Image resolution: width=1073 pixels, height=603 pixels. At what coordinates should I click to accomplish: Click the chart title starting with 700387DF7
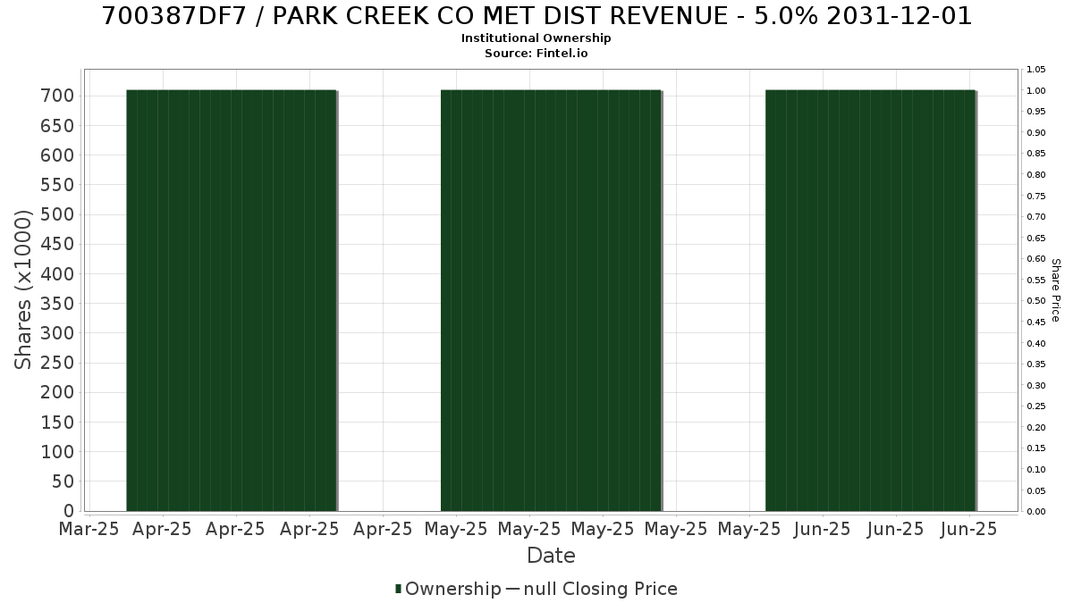[536, 16]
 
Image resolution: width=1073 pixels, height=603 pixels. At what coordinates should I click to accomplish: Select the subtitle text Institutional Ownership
[536, 38]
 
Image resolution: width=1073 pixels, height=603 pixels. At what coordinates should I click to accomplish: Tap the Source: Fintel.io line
[536, 53]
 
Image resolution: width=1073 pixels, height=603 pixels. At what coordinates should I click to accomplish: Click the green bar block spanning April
[232, 300]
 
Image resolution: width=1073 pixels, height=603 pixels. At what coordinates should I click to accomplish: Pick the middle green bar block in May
[552, 300]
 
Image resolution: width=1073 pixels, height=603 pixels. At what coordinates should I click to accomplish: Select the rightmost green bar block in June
[871, 300]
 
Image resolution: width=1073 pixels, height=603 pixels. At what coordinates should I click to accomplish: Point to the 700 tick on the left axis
[57, 96]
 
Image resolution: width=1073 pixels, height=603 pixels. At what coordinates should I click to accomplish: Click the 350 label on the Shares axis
[57, 304]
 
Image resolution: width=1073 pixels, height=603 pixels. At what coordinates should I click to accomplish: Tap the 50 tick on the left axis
[63, 482]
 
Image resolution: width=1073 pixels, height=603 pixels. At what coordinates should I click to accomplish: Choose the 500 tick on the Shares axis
[57, 214]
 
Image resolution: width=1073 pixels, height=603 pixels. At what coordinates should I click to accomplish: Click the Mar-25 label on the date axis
[89, 529]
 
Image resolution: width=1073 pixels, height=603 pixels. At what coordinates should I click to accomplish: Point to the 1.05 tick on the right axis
[1036, 70]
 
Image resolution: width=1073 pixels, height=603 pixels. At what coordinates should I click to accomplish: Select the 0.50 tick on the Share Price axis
[1036, 301]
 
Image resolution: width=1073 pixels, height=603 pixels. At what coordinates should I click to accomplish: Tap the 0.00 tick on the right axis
[1036, 512]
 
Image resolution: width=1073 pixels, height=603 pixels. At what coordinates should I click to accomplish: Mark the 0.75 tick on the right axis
[1036, 197]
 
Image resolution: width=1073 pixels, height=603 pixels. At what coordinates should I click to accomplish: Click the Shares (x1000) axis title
[22, 289]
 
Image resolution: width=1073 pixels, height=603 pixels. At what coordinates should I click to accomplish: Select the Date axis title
[551, 556]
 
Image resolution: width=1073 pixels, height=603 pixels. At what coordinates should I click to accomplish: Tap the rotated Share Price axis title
[1056, 290]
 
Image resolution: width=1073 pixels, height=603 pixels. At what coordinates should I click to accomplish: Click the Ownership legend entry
[448, 589]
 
